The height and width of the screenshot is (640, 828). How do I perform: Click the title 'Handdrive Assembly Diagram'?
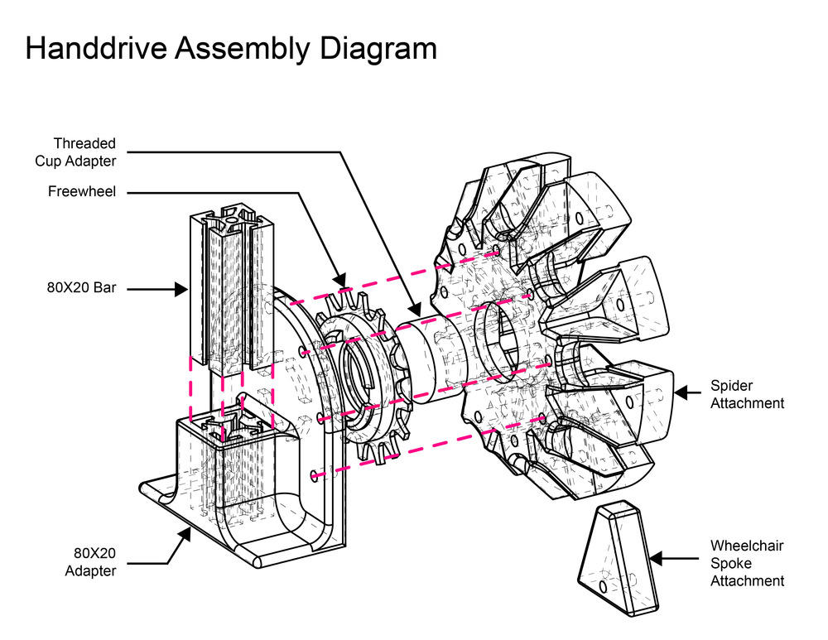(x=231, y=49)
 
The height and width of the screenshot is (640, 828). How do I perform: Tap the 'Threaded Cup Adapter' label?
(x=85, y=152)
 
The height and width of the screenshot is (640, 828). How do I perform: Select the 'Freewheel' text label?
(x=82, y=192)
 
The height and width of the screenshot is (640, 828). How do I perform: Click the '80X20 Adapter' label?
(x=91, y=561)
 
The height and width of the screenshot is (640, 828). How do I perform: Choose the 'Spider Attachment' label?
(x=747, y=394)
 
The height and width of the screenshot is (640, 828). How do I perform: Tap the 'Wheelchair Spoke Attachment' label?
(x=747, y=563)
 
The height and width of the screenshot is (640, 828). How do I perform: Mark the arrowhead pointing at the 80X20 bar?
(x=180, y=289)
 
